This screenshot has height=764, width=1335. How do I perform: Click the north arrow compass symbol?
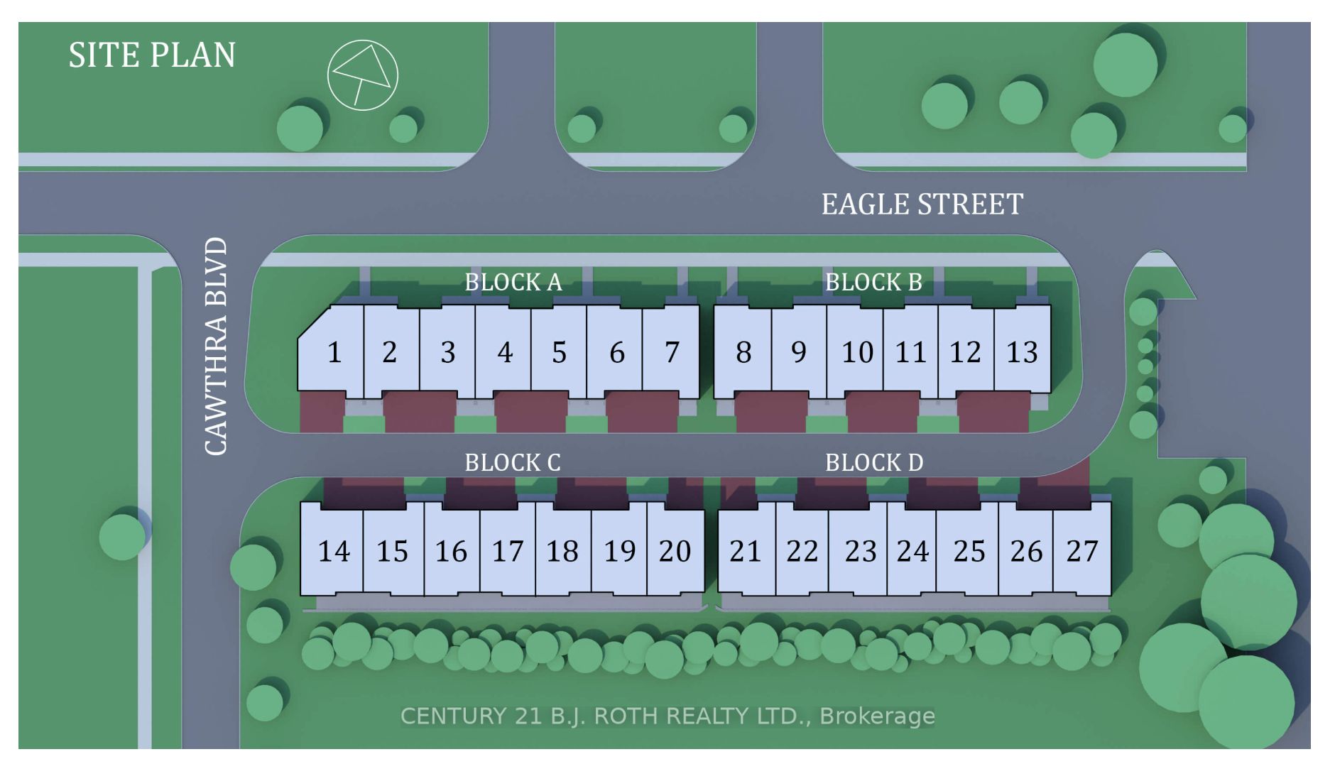coord(362,75)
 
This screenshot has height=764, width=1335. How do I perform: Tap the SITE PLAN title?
coord(151,55)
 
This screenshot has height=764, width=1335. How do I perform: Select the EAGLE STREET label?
coord(922,204)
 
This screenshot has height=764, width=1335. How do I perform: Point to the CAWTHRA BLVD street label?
coord(216,346)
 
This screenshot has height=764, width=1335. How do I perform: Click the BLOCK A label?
coord(513,283)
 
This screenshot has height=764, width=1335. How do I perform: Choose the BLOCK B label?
coord(873,283)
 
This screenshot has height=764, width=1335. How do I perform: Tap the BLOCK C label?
coord(512,463)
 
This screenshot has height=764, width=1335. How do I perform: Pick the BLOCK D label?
coord(874,463)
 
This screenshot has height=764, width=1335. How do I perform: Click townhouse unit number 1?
coord(334,352)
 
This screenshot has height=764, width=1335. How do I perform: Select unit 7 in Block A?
coord(672,352)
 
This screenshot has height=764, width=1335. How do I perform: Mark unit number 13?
coord(1022,352)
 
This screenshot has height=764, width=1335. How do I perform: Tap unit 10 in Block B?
coord(857,352)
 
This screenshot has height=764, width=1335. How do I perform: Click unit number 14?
coord(333,551)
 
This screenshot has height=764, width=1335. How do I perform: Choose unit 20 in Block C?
coord(675,551)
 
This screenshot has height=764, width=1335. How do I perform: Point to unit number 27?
coord(1082,551)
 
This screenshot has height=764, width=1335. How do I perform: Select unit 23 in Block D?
coord(860,551)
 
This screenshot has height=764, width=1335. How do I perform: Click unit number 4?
coord(504,352)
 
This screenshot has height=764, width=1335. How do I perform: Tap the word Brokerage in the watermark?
coord(877,716)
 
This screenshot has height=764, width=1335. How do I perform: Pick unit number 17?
coord(507,551)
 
